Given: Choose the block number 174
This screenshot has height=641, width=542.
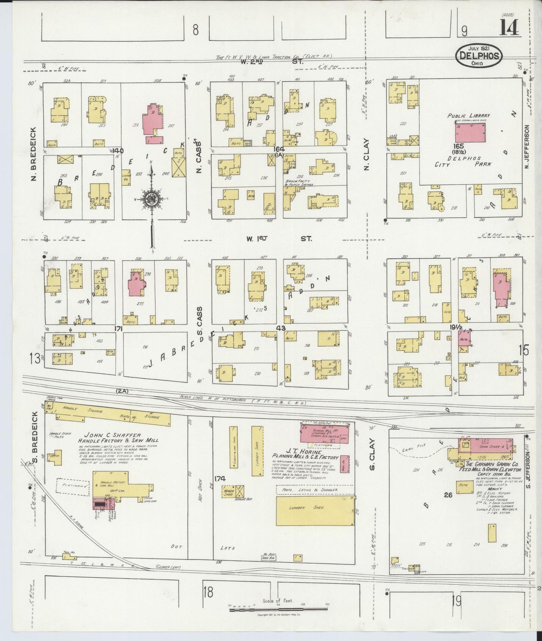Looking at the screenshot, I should [220, 478].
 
